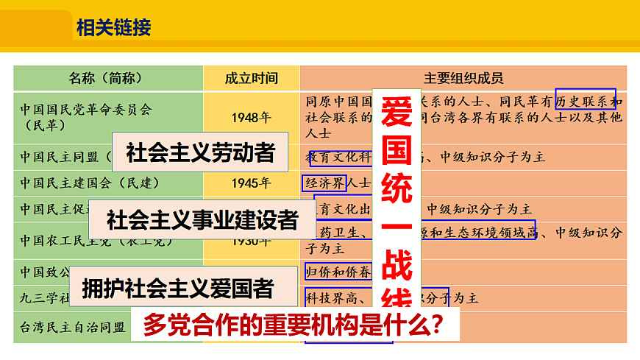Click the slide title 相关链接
coord(113,28)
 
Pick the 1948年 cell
coord(251,117)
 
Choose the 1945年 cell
coord(251,183)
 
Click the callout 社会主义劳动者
coord(200,152)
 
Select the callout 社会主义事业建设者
coord(202,219)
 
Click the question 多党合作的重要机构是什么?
coord(294,325)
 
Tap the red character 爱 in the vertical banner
coord(397,112)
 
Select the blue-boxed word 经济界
coord(324,182)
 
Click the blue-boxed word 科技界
coord(324,297)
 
